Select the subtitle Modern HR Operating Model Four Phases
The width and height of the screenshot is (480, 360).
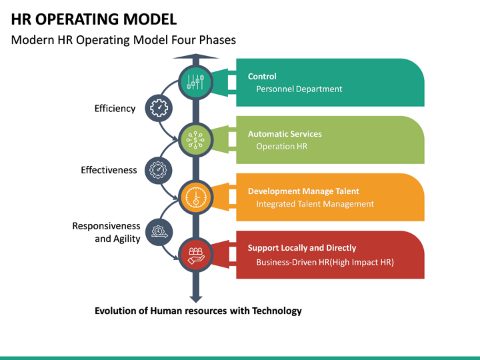tap(123, 40)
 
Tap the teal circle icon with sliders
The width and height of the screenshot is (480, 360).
tap(196, 82)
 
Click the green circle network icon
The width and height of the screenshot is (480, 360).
tap(196, 139)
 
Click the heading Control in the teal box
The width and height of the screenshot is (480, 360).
tap(262, 77)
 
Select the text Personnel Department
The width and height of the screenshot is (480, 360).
tap(299, 89)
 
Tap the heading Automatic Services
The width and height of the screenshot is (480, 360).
tap(285, 134)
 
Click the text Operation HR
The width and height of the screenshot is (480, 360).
tap(281, 146)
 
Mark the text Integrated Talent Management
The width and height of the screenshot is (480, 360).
tap(315, 204)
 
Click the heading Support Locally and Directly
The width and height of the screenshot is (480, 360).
tap(302, 248)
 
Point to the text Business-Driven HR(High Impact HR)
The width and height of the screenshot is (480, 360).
tap(325, 262)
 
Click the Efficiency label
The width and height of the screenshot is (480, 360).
tap(115, 109)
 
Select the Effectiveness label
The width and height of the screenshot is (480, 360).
tap(109, 170)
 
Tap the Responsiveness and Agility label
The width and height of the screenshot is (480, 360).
tap(106, 233)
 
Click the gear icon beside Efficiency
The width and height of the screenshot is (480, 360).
tap(158, 108)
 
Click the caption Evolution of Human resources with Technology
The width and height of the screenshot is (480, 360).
tap(198, 311)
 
